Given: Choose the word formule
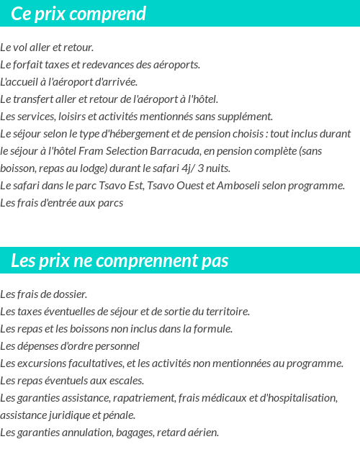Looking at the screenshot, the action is (x=212, y=329).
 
